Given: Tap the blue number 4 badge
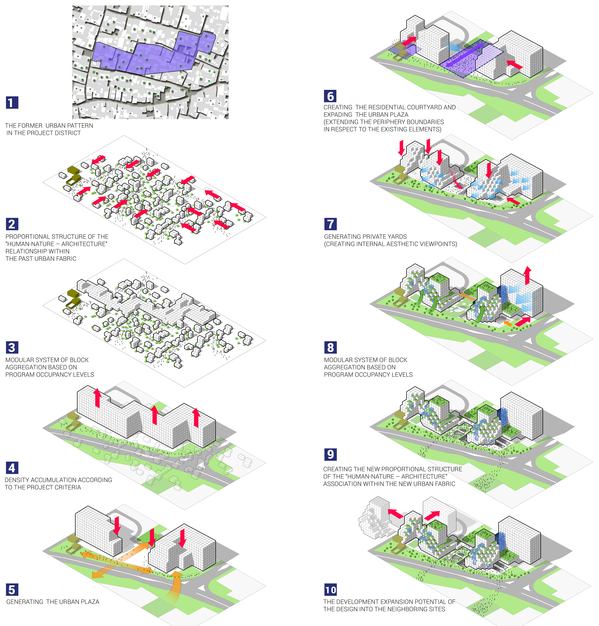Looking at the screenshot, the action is pos(12,468).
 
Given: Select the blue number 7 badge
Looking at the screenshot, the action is pos(331,224).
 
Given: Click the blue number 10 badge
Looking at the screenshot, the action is pos(331,590).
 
